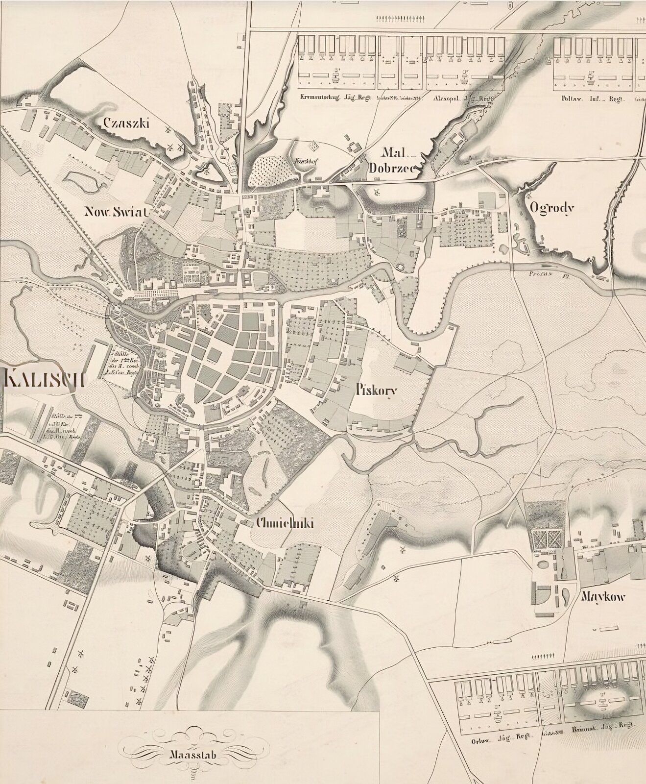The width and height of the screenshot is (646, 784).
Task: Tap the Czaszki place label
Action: (126, 123)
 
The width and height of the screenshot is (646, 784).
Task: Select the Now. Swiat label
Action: (116, 212)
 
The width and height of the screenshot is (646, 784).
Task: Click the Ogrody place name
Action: (551, 208)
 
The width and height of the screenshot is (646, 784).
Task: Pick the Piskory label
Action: (376, 391)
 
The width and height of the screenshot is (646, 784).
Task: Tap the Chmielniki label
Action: (285, 524)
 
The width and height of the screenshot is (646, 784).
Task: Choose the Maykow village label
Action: (603, 597)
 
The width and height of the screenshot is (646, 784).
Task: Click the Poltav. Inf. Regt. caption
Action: (591, 97)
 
